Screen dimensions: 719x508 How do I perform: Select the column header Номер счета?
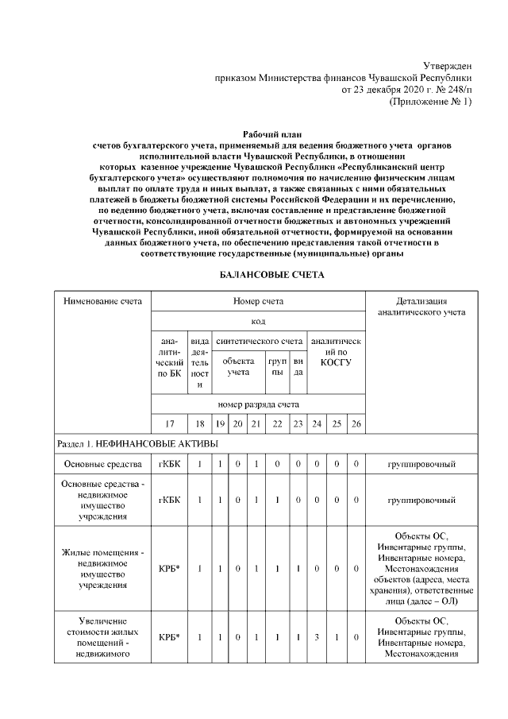click(258, 302)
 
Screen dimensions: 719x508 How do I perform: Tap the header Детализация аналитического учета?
click(421, 307)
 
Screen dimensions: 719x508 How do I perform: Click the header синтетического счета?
click(260, 341)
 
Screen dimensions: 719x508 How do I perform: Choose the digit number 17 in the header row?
click(168, 424)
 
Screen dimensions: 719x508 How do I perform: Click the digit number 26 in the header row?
click(356, 424)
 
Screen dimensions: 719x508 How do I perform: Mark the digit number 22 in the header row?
click(277, 424)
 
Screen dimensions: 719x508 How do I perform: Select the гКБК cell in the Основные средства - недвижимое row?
click(168, 501)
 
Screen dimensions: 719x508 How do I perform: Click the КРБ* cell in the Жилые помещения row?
click(168, 569)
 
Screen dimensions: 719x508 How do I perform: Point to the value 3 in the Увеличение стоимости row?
click(317, 637)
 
